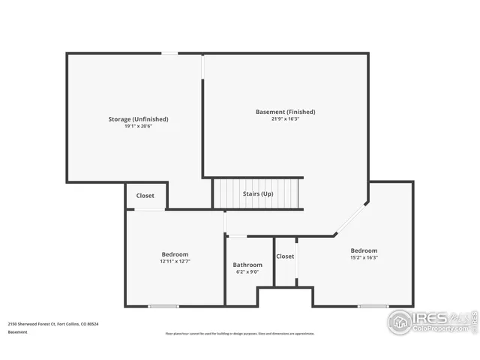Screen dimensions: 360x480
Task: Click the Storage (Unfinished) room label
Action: coord(138,119)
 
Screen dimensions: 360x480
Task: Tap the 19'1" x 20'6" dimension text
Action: coord(138,127)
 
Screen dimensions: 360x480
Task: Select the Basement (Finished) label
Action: coord(285,112)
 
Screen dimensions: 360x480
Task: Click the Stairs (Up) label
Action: coord(256,194)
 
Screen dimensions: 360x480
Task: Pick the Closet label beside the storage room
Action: coord(145,196)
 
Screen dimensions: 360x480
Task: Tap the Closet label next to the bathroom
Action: coord(285,256)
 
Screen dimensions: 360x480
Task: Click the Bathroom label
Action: coord(247,265)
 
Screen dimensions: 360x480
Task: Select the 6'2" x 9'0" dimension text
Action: coord(247,272)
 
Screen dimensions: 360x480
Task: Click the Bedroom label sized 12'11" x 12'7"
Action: coord(175,254)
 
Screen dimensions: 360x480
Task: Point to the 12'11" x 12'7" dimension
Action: coord(175,262)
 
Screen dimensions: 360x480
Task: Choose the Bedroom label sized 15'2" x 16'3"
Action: coord(364,250)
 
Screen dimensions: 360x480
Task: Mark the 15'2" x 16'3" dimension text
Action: coord(364,258)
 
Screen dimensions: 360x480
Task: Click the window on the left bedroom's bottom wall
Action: coord(163,306)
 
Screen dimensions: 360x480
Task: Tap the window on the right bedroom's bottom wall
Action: coord(373,306)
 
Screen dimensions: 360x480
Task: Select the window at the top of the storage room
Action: coord(171,53)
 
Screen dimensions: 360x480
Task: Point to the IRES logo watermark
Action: coord(431,322)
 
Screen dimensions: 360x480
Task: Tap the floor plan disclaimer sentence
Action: coord(240,334)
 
